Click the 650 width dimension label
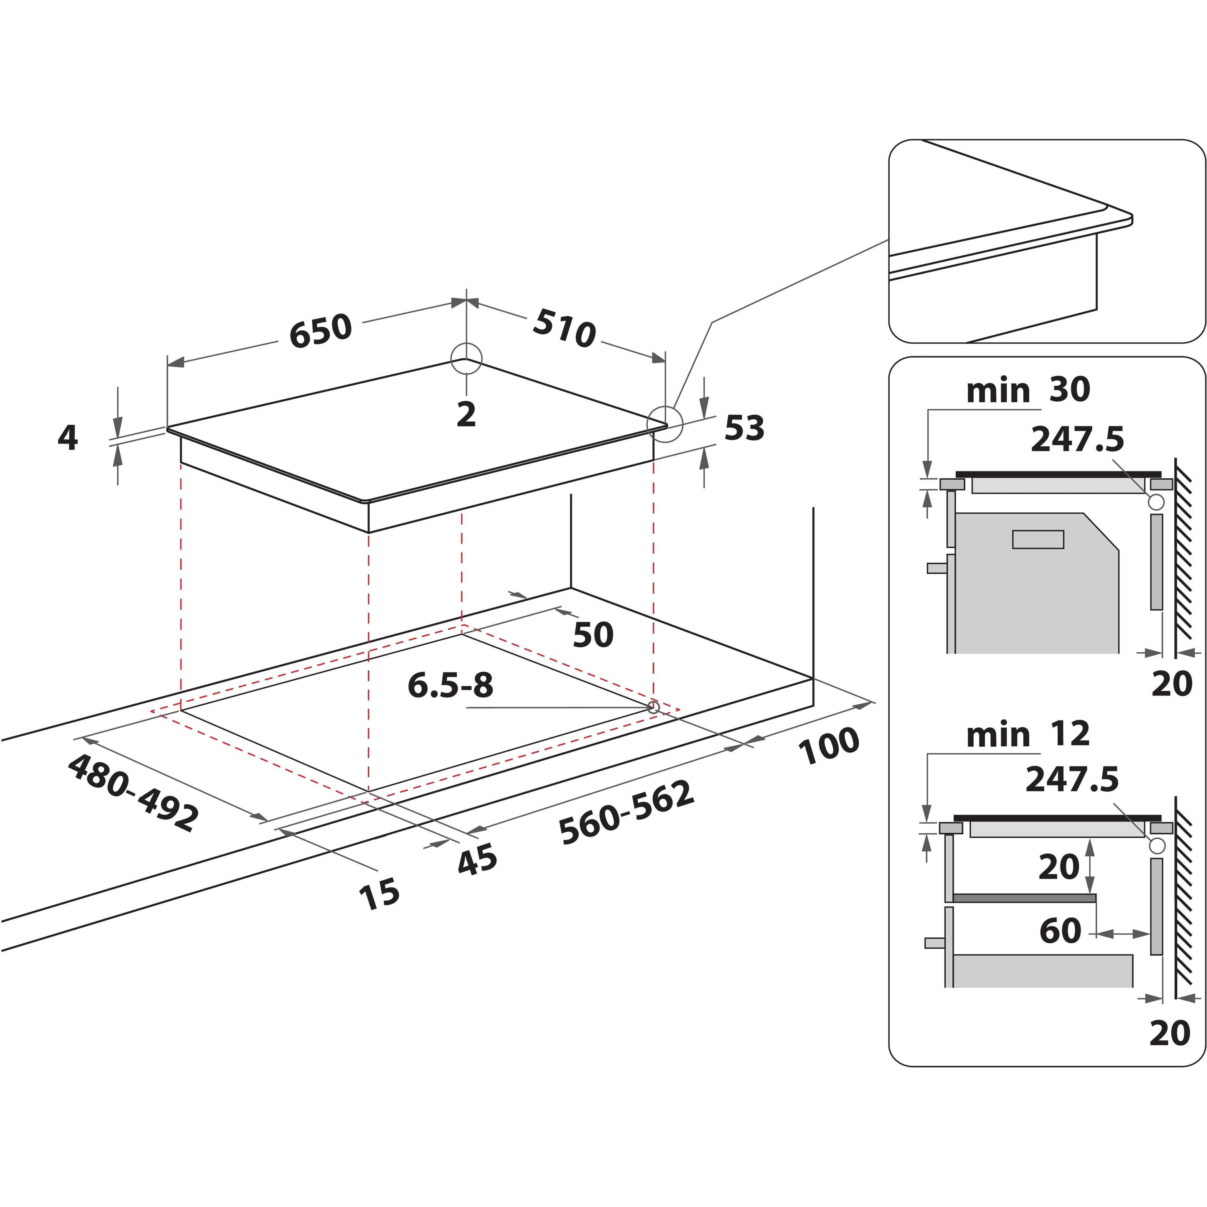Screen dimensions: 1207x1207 321,331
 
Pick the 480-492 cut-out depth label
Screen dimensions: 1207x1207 133,792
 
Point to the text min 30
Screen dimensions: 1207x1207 1028,390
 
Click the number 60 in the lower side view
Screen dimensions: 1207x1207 1060,931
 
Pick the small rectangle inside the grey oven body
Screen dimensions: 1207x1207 1038,539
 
